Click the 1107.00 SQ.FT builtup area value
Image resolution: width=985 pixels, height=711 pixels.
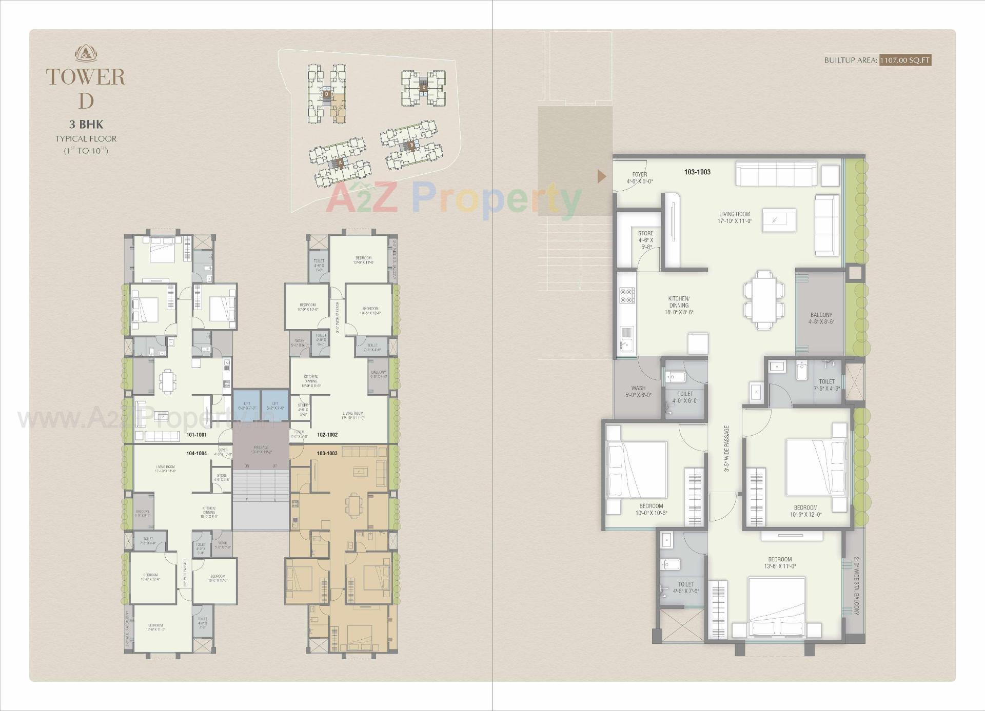pyautogui.click(x=904, y=60)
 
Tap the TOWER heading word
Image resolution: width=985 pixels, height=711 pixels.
pyautogui.click(x=86, y=77)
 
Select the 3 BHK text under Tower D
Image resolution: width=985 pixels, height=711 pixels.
pyautogui.click(x=86, y=124)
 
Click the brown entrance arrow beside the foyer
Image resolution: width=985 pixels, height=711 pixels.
pyautogui.click(x=602, y=176)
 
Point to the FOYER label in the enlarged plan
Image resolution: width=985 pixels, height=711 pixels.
pyautogui.click(x=639, y=174)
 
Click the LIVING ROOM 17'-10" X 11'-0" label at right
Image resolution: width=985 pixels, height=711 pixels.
pyautogui.click(x=734, y=217)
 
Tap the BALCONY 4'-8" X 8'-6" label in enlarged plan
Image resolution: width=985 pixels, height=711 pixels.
pyautogui.click(x=821, y=318)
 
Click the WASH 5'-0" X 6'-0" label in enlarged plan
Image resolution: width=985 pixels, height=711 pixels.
pyautogui.click(x=638, y=391)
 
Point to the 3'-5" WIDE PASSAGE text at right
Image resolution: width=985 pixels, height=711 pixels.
pyautogui.click(x=726, y=448)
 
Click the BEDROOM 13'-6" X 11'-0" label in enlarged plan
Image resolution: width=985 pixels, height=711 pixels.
pyautogui.click(x=780, y=562)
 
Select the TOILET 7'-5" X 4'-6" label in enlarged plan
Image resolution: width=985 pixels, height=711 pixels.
pyautogui.click(x=826, y=384)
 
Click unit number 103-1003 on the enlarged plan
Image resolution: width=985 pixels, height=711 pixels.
pyautogui.click(x=697, y=172)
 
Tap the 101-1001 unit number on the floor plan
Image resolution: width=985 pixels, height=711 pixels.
pyautogui.click(x=196, y=435)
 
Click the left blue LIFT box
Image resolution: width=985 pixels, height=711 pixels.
pyautogui.click(x=247, y=405)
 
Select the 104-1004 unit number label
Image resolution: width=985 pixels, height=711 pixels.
pyautogui.click(x=196, y=453)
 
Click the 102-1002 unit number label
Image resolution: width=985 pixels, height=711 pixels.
pyautogui.click(x=327, y=435)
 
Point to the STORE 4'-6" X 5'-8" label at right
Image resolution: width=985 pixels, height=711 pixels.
pyautogui.click(x=645, y=239)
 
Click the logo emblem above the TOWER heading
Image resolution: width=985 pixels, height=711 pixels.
pyautogui.click(x=86, y=53)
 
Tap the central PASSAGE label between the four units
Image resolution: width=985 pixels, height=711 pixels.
pyautogui.click(x=261, y=450)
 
